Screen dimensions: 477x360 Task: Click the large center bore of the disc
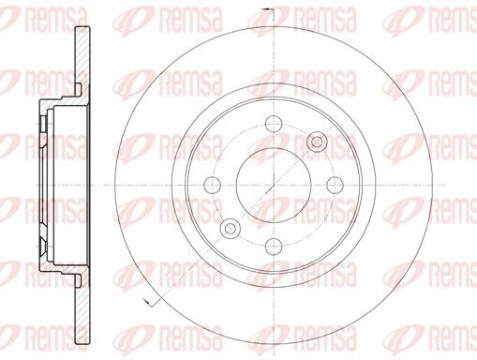pos(274,185)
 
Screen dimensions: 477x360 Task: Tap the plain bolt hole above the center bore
pos(274,124)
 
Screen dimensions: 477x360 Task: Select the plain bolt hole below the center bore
pos(274,247)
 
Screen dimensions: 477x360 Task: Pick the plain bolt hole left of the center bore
pos(212,185)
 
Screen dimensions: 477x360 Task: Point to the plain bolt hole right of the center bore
pos(335,185)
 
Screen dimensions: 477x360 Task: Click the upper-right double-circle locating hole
pos(317,142)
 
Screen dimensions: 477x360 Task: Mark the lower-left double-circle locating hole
pos(231,229)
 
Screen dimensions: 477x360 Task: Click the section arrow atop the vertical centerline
pos(268,10)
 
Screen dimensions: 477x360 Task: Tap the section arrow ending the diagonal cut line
pos(149,302)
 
